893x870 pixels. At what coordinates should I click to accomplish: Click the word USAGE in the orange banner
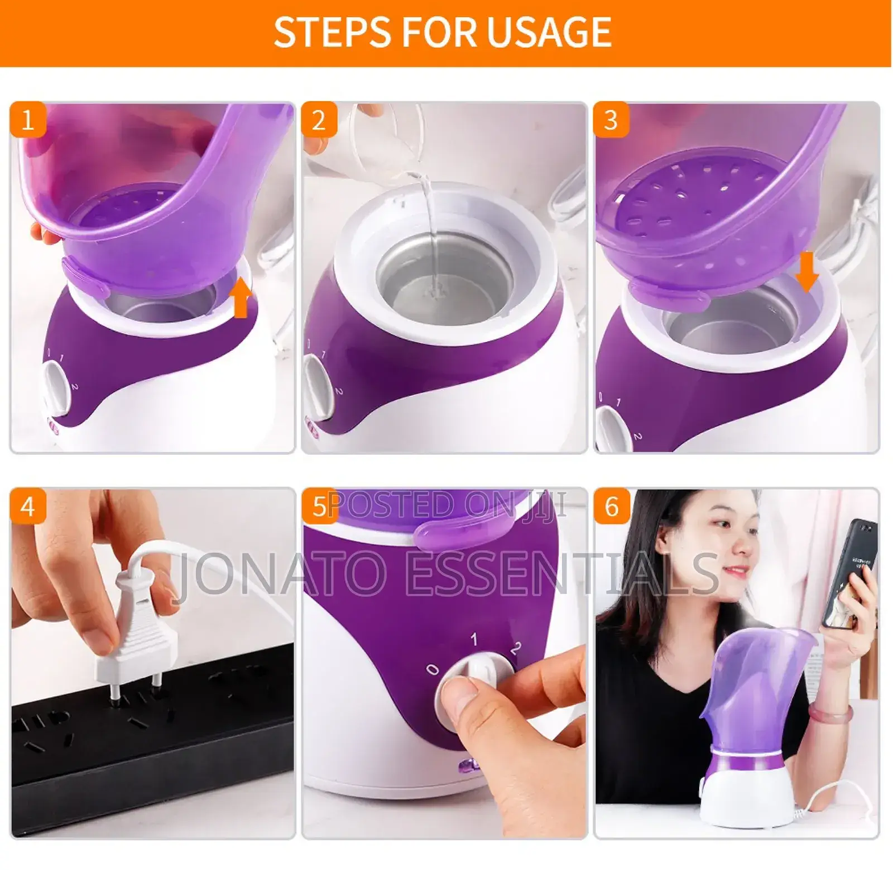(549, 32)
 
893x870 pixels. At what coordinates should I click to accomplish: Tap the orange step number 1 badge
(27, 119)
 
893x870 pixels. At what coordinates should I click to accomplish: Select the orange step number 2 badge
(319, 119)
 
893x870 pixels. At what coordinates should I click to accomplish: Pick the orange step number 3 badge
(611, 119)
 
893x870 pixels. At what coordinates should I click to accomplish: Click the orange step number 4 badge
(27, 506)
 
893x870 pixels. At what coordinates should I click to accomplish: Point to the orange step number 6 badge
(611, 506)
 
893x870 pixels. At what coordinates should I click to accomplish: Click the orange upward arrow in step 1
(241, 297)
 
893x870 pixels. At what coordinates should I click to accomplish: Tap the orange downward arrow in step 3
(807, 272)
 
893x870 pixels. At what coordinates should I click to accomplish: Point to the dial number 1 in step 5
(474, 640)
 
